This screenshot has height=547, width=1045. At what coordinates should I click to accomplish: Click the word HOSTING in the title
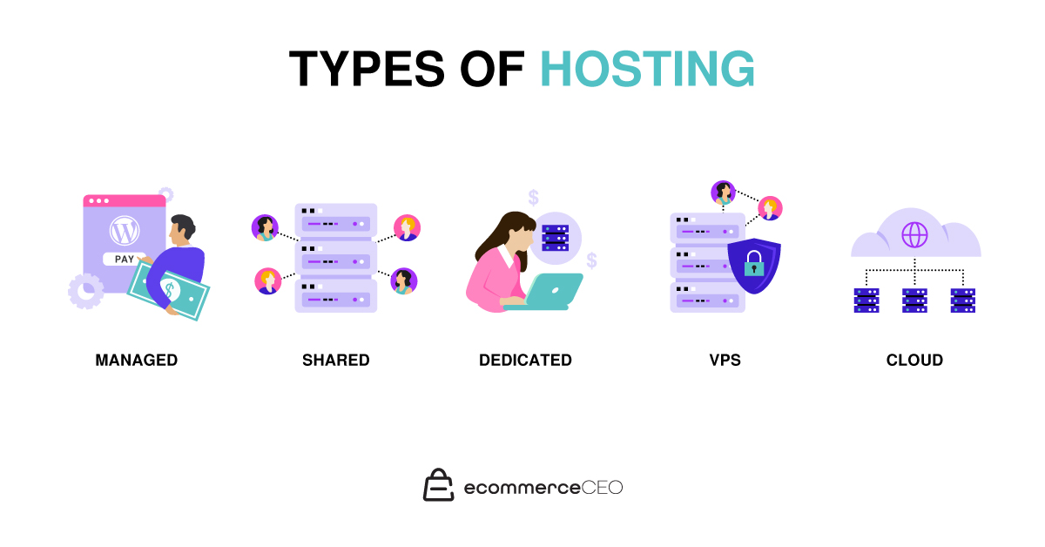(647, 69)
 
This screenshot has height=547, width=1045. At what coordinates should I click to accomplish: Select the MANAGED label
(137, 360)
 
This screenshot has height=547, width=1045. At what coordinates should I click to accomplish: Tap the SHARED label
(336, 360)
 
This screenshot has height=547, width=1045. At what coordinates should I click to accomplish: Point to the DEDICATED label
(525, 360)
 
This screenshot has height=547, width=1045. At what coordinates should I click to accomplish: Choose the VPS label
(725, 360)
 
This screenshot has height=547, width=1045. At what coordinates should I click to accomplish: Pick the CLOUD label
(914, 360)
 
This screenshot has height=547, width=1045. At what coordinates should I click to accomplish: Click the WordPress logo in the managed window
(125, 232)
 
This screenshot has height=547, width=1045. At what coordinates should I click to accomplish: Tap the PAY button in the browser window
(125, 259)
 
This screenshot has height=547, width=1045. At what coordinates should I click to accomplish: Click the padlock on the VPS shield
(753, 263)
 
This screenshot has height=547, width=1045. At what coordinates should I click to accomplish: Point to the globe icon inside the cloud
(914, 234)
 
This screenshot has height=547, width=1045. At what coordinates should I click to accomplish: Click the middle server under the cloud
(914, 300)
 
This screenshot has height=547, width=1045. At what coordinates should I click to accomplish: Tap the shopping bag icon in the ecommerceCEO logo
(439, 485)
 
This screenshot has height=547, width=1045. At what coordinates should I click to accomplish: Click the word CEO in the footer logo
(602, 488)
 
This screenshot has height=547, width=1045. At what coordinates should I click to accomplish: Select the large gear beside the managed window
(85, 290)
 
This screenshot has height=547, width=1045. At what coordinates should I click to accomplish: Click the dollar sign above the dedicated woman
(533, 197)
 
